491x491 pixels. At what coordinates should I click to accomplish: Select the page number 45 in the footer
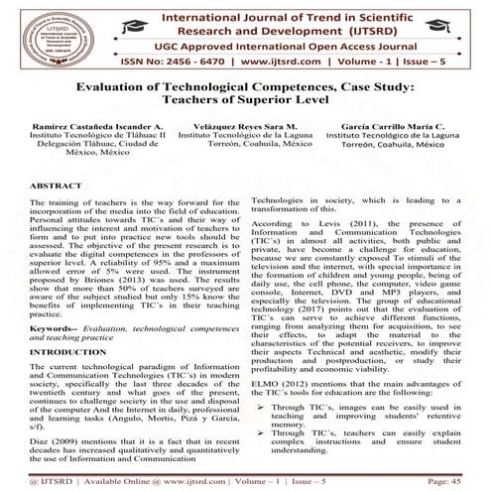[472, 481]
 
